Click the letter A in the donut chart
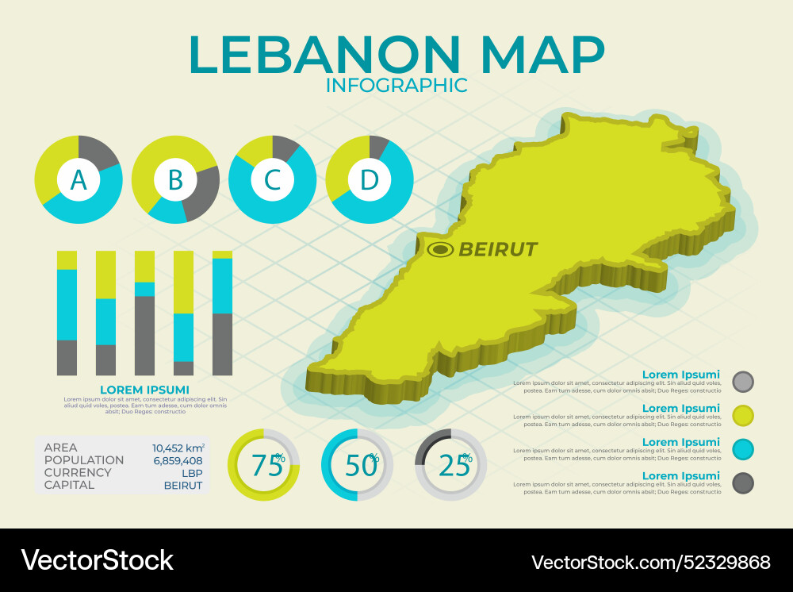[79, 180]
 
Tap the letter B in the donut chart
[175, 180]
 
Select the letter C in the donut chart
[272, 180]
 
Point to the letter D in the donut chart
[370, 180]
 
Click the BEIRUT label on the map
[498, 249]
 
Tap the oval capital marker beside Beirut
[440, 250]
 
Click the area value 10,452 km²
[178, 448]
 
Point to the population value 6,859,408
[178, 460]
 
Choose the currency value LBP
[192, 472]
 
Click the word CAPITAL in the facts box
[69, 485]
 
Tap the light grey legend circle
[743, 382]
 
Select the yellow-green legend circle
[743, 415]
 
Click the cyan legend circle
[743, 449]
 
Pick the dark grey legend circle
[743, 482]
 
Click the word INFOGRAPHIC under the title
[396, 85]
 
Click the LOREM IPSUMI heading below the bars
[144, 390]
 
